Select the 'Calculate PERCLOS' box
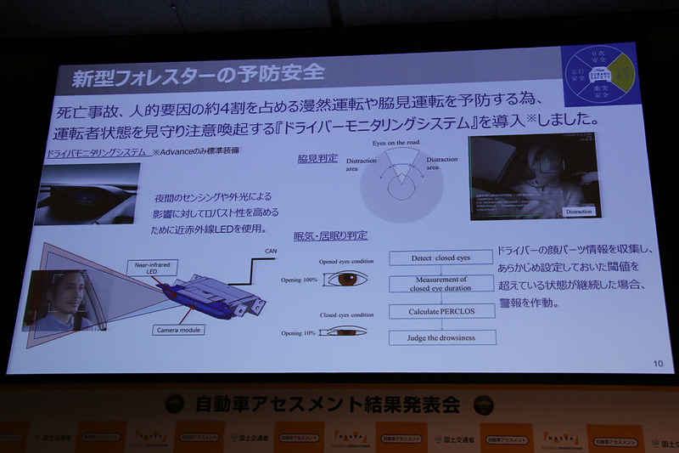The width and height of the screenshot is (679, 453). (x=441, y=311)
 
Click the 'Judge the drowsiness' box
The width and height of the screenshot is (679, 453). (x=441, y=338)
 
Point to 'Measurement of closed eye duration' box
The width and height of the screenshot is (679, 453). (x=441, y=283)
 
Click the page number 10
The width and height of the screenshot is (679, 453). (x=658, y=364)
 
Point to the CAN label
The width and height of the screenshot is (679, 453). (x=272, y=252)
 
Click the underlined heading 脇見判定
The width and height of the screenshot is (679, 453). (x=317, y=158)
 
